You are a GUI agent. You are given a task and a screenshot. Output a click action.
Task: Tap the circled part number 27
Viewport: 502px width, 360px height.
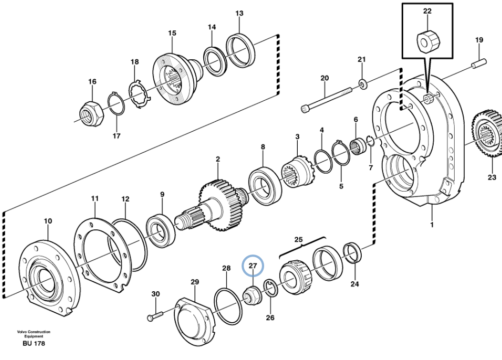[x=253, y=266]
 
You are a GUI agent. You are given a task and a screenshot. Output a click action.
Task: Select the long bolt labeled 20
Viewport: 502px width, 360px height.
[x=327, y=99]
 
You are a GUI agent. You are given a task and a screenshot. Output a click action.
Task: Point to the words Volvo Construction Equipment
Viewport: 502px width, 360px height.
[x=34, y=334]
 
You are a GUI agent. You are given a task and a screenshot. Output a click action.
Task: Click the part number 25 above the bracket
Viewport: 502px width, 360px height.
[x=298, y=240]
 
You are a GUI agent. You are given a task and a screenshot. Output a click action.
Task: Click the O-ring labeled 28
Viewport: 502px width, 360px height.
[x=227, y=304]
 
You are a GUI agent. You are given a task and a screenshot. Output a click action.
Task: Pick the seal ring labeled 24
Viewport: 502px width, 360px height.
[x=352, y=252]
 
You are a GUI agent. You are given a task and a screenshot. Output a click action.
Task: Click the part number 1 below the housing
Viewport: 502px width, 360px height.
[x=432, y=225]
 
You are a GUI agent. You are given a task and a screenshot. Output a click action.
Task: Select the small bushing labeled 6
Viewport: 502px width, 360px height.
[x=359, y=143]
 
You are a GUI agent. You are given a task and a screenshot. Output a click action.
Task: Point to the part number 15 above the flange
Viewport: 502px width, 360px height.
[x=172, y=33]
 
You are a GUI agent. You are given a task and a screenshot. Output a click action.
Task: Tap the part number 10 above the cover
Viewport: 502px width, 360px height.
[x=48, y=221]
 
